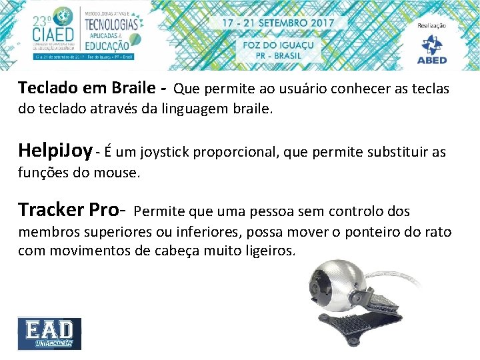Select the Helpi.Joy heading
pyautogui.click(x=55, y=150)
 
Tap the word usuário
pyautogui.click(x=317, y=89)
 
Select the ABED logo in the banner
pyautogui.click(x=432, y=47)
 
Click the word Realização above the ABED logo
pyautogui.click(x=432, y=25)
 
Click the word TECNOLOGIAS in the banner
pyautogui.click(x=111, y=24)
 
